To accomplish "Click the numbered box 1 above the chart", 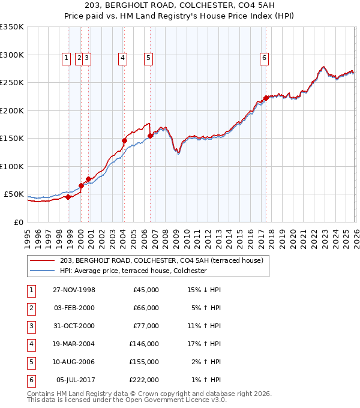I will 68,58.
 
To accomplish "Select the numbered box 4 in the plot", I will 122,58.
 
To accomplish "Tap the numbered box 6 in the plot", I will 264,58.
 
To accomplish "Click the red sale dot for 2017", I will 265,98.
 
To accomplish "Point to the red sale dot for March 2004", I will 125,141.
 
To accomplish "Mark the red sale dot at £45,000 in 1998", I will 68,197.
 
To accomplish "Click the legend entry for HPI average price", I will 133,271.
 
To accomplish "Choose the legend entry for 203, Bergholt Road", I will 162,260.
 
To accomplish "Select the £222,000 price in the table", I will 144,380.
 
